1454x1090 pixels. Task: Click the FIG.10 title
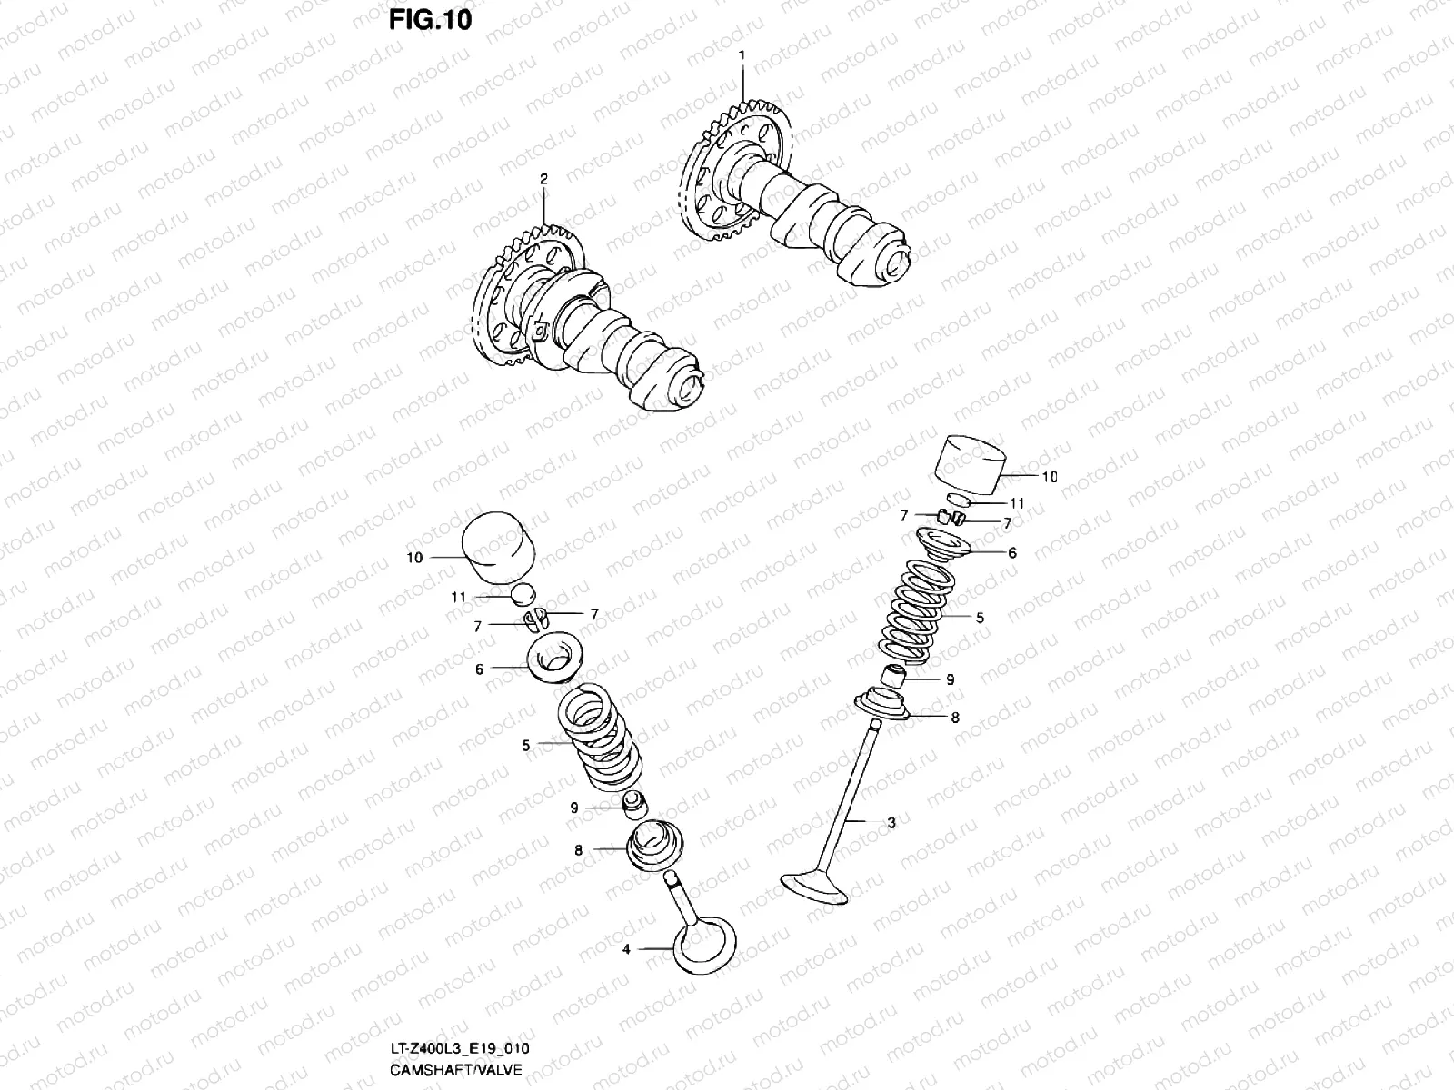coord(431,19)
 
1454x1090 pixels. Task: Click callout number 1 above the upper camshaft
coord(742,55)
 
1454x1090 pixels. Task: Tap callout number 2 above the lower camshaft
coord(543,180)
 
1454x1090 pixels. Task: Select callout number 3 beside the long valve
coord(891,823)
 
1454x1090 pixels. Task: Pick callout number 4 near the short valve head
coord(625,950)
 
